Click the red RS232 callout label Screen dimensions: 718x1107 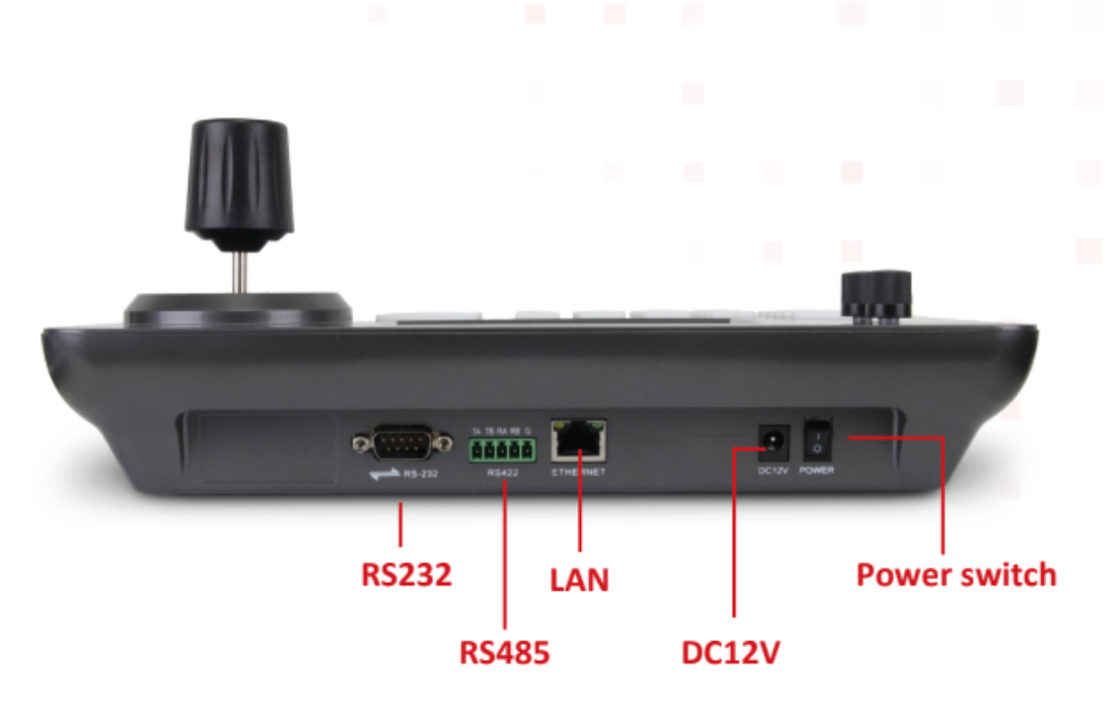click(x=406, y=573)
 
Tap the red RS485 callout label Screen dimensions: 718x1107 click(x=504, y=652)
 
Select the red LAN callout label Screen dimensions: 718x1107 click(x=579, y=579)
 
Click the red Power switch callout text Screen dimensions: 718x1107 click(x=955, y=574)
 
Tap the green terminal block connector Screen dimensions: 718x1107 click(x=502, y=452)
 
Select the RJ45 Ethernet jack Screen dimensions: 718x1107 click(x=579, y=442)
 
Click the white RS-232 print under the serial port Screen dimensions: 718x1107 click(x=421, y=474)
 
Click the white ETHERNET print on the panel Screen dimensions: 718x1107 click(x=579, y=472)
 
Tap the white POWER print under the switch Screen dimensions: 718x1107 click(x=816, y=470)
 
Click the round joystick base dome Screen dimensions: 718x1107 click(x=238, y=308)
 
